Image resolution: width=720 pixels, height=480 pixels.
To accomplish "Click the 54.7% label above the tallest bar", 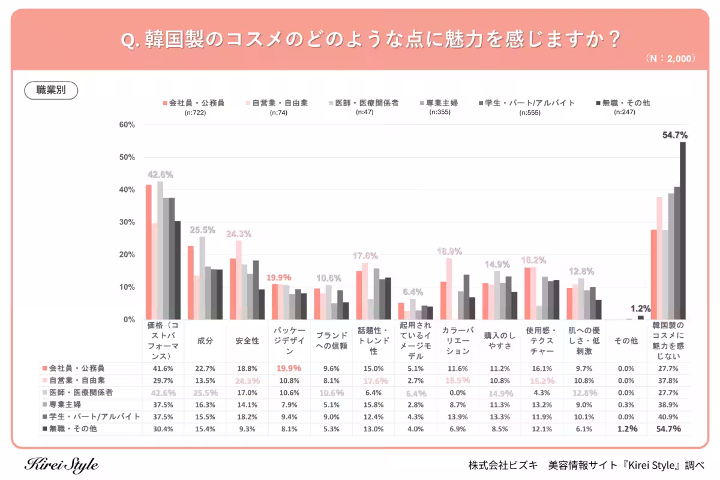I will pos(674,135).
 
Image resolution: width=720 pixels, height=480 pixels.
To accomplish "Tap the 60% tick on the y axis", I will pos(127,125).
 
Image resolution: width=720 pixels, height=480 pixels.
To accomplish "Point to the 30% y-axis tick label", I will pos(127,222).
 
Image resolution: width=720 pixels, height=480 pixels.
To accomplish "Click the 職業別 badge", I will pos(51,91).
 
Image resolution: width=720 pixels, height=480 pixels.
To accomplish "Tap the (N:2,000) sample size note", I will pos(670,59).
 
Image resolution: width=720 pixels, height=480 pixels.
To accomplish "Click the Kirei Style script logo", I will pos(62,465).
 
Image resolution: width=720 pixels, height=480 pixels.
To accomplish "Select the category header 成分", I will pos(205,341).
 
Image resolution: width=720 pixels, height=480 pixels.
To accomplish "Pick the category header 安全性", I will pos(247,341).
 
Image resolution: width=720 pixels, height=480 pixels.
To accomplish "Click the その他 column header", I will pos(626,341).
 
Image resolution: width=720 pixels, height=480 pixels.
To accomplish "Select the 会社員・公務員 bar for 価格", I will pos(148,252).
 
